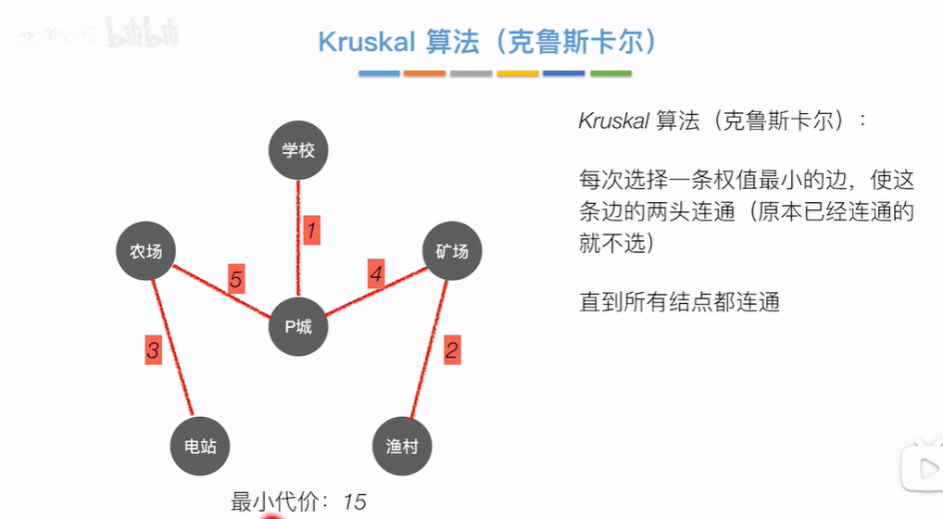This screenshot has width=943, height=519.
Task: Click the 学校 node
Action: point(298,150)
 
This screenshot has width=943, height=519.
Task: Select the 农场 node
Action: point(146,251)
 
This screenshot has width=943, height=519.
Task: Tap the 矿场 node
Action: point(452,251)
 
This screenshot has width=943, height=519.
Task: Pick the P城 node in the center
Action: point(298,326)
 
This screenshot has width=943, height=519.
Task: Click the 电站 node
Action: point(200,446)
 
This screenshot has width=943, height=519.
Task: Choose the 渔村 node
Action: point(402,446)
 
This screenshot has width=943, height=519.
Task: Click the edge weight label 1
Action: point(311,230)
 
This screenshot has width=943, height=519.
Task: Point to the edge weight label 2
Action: point(451,349)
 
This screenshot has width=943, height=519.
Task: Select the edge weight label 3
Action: point(153,349)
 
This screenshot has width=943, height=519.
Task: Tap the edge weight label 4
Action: point(375,274)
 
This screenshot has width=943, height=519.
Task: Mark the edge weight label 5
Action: point(236,279)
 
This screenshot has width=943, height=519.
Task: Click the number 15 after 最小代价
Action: point(354,502)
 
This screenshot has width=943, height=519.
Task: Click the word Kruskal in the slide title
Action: point(366,42)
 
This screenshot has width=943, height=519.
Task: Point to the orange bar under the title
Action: point(424,73)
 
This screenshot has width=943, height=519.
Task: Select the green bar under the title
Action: point(610,73)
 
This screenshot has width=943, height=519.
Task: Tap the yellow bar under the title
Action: point(517,73)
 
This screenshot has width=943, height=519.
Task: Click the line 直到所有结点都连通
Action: point(679,301)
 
